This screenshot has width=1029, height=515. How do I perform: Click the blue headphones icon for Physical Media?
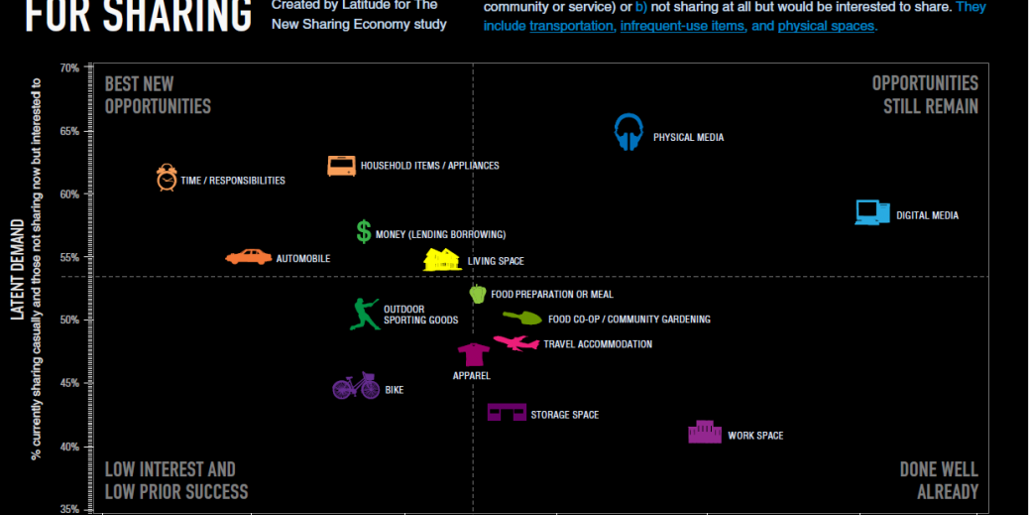click(629, 132)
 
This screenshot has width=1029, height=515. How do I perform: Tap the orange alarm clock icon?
click(167, 177)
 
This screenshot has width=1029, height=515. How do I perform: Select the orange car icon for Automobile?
click(249, 257)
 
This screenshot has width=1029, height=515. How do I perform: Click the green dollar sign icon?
click(364, 231)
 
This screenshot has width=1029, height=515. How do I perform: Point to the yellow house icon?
click(441, 260)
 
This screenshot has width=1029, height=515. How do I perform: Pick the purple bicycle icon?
click(356, 386)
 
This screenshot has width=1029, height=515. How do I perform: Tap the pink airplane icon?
click(515, 343)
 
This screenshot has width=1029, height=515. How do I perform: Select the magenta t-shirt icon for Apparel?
click(473, 354)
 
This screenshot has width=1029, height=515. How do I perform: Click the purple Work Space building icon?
click(705, 432)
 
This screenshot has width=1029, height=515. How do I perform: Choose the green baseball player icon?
click(365, 314)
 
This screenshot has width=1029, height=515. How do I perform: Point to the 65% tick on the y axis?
click(68, 131)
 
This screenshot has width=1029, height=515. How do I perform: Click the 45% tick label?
click(68, 383)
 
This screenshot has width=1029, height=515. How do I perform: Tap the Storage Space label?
click(564, 415)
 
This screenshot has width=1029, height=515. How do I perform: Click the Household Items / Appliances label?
click(429, 166)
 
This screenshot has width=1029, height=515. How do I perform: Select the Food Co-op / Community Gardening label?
click(629, 320)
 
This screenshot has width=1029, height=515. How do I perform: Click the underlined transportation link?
click(571, 26)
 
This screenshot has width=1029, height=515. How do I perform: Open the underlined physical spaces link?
click(826, 26)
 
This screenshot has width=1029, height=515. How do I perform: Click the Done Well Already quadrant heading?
click(938, 480)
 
